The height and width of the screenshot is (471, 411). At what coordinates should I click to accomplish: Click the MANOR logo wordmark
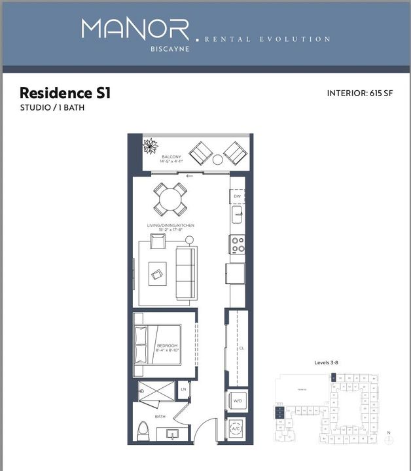tap(135, 29)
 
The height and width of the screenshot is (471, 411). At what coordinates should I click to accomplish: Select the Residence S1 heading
tap(65, 93)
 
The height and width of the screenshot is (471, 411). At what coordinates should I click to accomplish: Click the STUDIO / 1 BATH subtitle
tap(52, 107)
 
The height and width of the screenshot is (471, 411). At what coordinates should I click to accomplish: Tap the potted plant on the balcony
tap(151, 145)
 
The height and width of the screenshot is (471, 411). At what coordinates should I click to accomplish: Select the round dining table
tap(170, 199)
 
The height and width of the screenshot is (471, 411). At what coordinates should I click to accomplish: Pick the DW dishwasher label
tap(237, 196)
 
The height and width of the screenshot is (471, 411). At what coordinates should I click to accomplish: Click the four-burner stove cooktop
tap(237, 244)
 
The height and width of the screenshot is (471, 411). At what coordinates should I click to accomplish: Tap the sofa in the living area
tap(186, 273)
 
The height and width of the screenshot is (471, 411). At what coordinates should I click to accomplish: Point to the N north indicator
tap(389, 432)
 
